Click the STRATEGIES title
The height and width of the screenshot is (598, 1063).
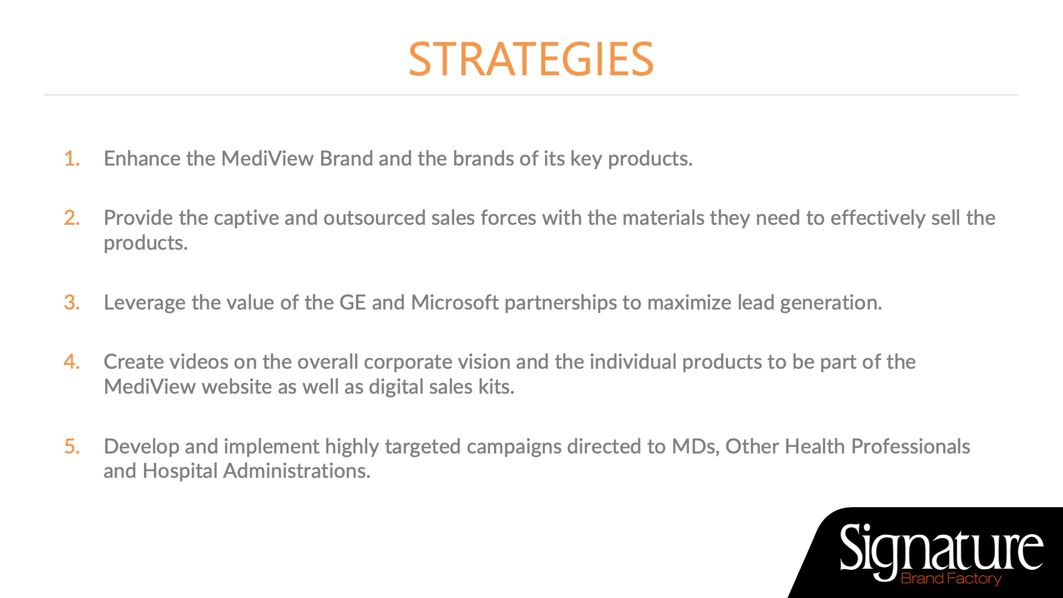[x=531, y=59]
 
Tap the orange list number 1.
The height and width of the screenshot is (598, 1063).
[x=72, y=159]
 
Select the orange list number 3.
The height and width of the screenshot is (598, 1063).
[x=72, y=303]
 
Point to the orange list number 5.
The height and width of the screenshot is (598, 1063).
[x=72, y=447]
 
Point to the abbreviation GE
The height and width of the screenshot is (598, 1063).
[x=353, y=303]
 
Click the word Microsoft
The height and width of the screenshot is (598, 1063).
[x=455, y=303]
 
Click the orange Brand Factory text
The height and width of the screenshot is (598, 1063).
[x=951, y=579]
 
